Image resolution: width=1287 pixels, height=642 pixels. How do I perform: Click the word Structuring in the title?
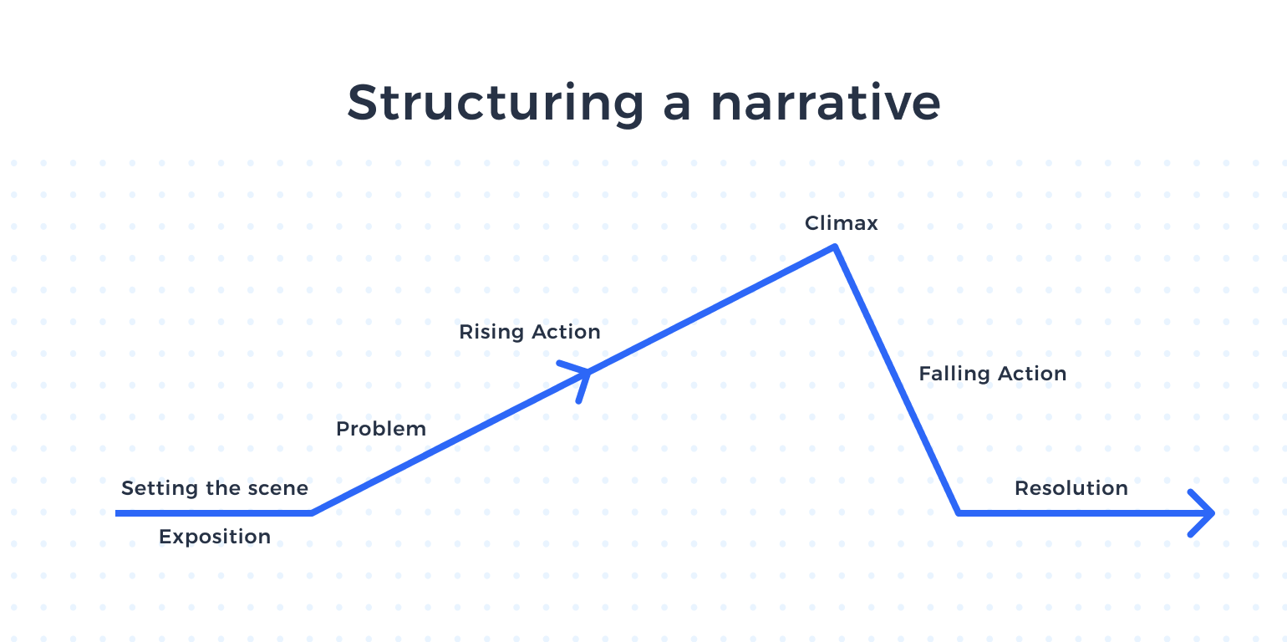tap(496, 104)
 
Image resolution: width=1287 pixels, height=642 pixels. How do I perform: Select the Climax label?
tap(841, 223)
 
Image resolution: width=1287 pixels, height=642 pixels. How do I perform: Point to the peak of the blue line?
tap(835, 247)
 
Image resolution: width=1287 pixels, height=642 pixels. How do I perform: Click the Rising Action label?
tap(530, 332)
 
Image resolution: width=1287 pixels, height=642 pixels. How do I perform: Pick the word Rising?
tap(491, 332)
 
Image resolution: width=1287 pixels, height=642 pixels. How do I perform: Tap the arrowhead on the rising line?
tap(578, 380)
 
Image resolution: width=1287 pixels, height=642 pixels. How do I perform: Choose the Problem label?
tap(381, 429)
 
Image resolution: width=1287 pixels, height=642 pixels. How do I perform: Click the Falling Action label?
tap(993, 374)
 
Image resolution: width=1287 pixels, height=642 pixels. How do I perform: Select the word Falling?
tap(954, 374)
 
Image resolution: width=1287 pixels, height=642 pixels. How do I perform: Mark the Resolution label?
tap(1071, 488)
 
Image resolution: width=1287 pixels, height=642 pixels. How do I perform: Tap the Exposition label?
tap(215, 537)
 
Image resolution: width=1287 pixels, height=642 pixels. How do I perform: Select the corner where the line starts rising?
tap(312, 512)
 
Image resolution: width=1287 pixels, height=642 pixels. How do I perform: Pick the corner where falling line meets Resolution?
tap(959, 512)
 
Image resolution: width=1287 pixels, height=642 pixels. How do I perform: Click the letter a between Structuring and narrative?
tap(677, 108)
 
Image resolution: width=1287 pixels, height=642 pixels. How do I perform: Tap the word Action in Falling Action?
tap(1032, 374)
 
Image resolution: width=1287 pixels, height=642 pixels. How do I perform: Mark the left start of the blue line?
tap(116, 513)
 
